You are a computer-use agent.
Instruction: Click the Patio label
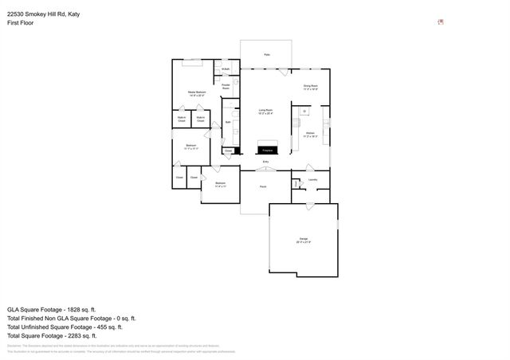(266, 55)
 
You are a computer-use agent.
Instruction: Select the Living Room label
(266, 111)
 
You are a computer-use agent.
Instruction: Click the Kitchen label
(311, 135)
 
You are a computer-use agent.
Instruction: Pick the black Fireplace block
(268, 149)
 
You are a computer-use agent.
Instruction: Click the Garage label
(304, 240)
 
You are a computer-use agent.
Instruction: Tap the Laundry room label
(313, 179)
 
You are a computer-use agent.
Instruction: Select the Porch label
(263, 186)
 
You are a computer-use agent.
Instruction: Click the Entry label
(266, 162)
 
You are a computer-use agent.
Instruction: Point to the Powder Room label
(226, 87)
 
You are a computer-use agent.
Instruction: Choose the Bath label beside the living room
(228, 122)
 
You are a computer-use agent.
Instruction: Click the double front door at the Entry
(266, 169)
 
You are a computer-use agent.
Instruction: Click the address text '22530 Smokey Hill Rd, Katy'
(49, 14)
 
